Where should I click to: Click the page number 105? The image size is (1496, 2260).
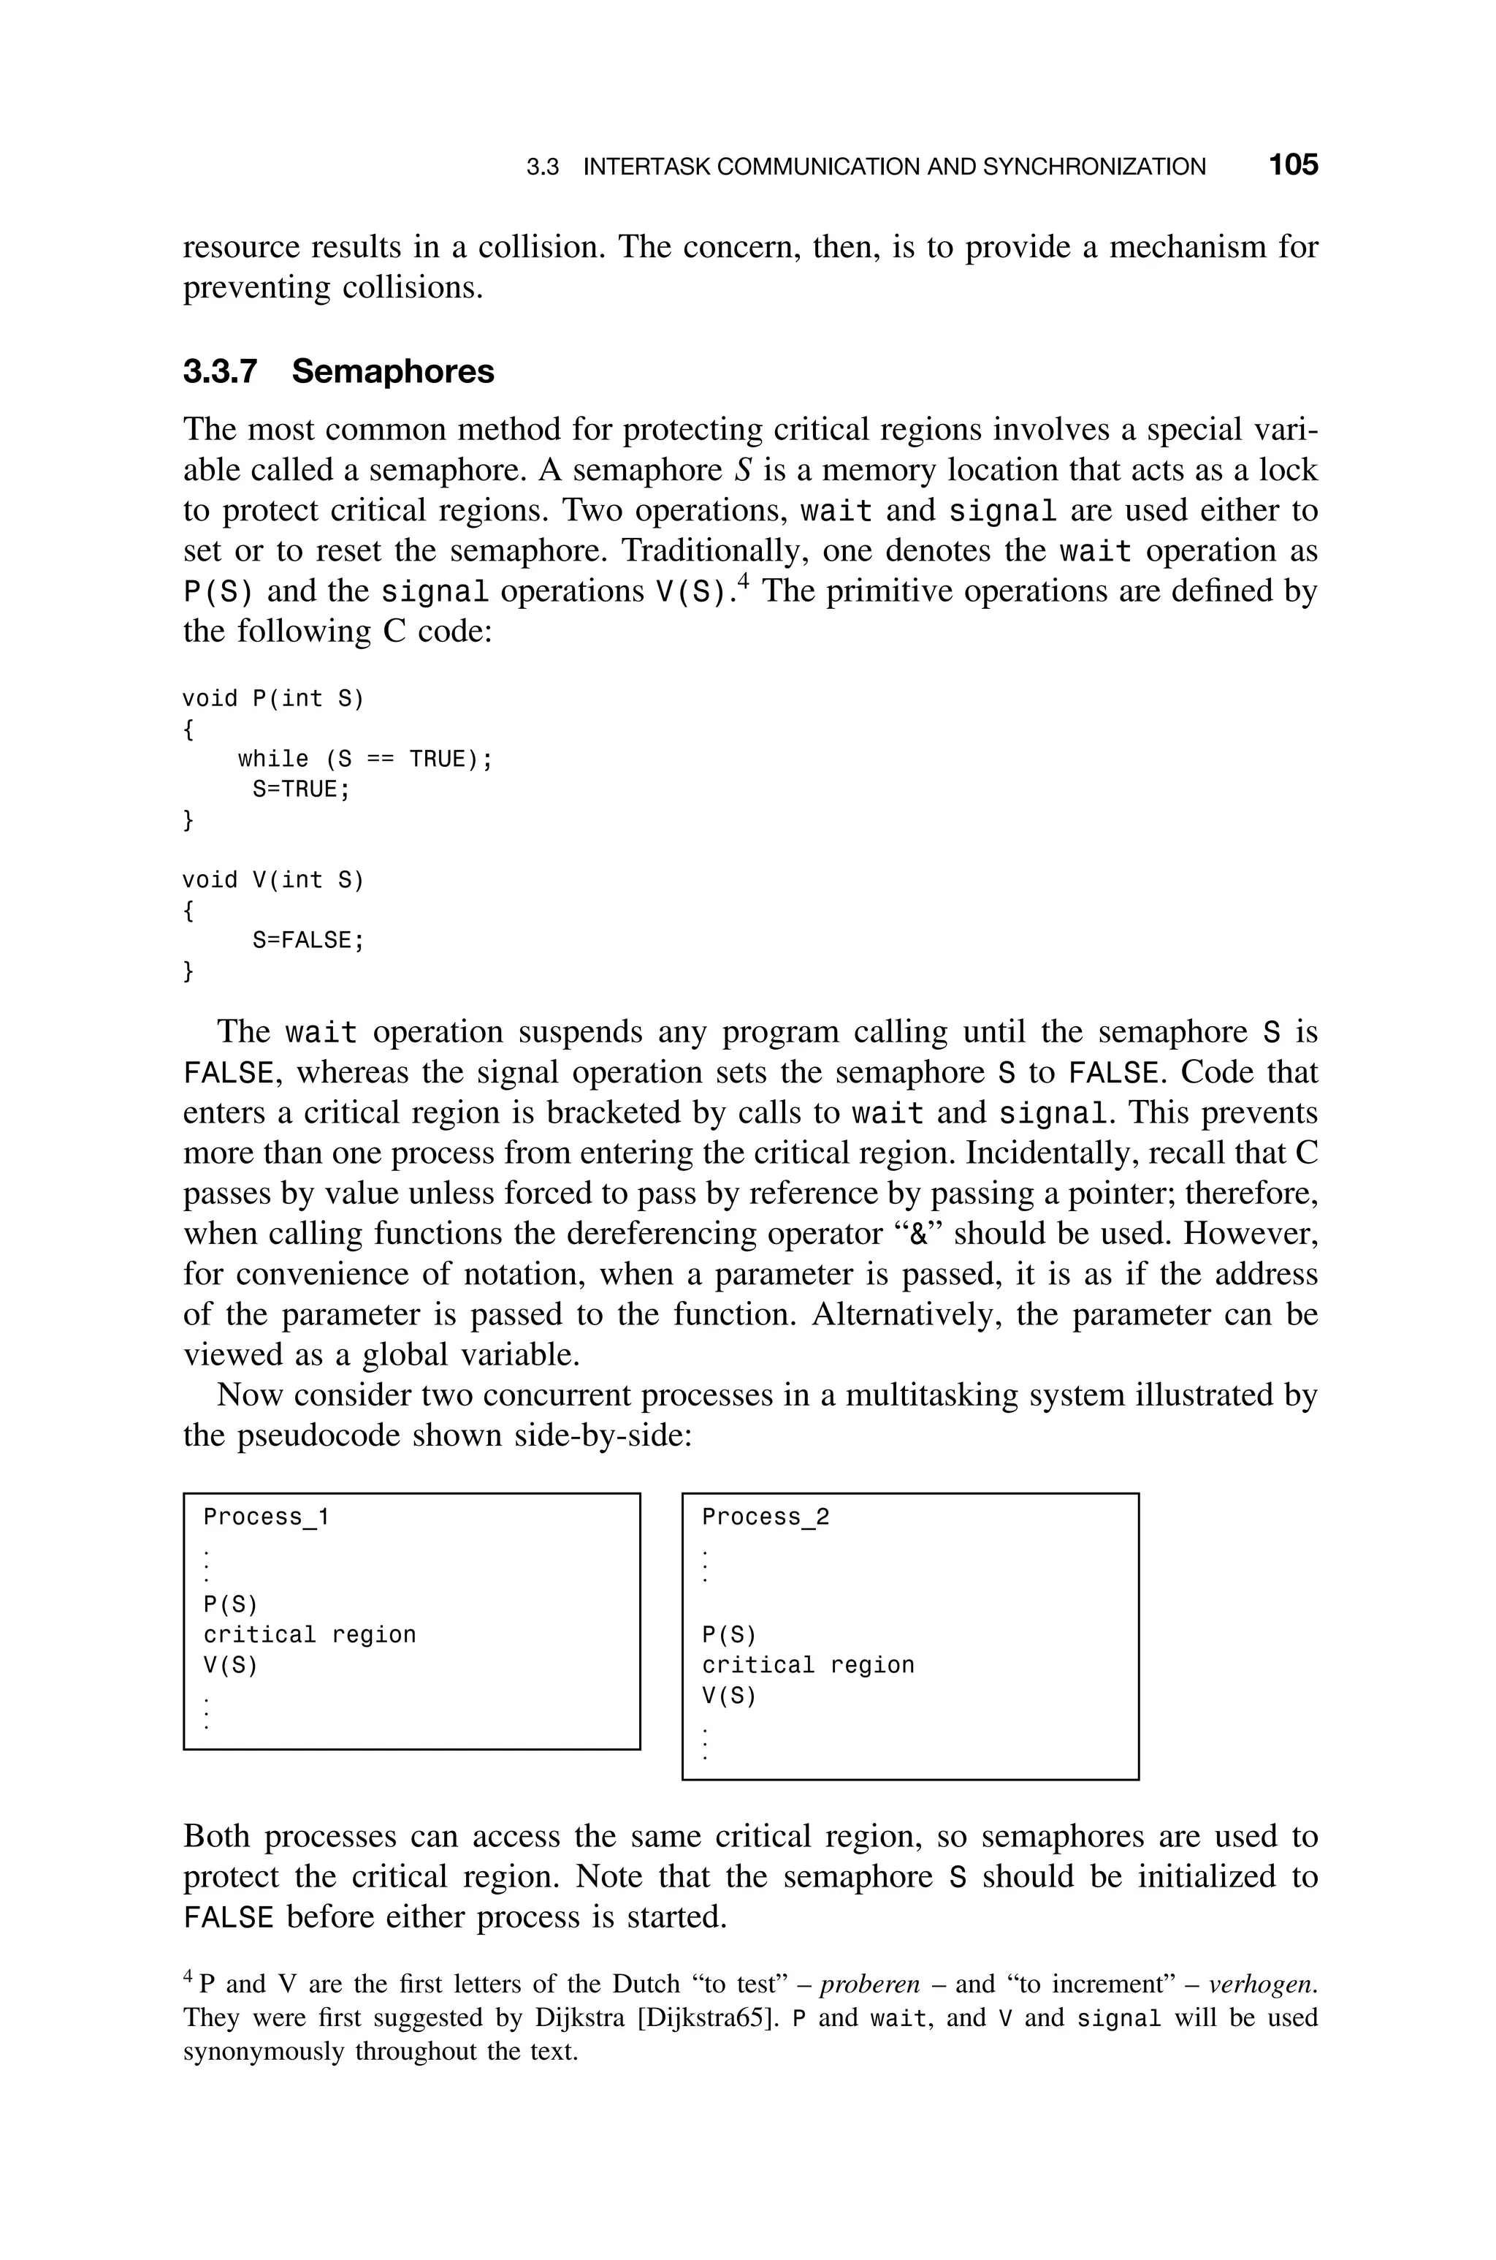(x=1293, y=165)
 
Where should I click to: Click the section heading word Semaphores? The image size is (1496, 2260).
(x=392, y=371)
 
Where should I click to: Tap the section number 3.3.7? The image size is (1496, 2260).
(x=221, y=371)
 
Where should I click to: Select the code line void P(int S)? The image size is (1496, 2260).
(x=273, y=699)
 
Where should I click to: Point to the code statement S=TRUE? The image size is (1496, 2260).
(x=302, y=789)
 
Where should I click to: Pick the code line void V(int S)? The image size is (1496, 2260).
(x=273, y=880)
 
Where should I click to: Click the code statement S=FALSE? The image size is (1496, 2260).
(x=308, y=940)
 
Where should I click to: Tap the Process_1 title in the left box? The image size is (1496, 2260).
(x=266, y=1517)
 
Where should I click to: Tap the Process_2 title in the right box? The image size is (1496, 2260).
(x=766, y=1517)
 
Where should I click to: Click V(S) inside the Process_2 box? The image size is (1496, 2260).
(x=729, y=1696)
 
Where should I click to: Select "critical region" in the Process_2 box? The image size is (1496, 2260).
(x=808, y=1666)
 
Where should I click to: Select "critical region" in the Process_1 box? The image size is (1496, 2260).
(x=310, y=1635)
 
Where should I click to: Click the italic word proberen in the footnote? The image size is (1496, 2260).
(x=869, y=1985)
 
